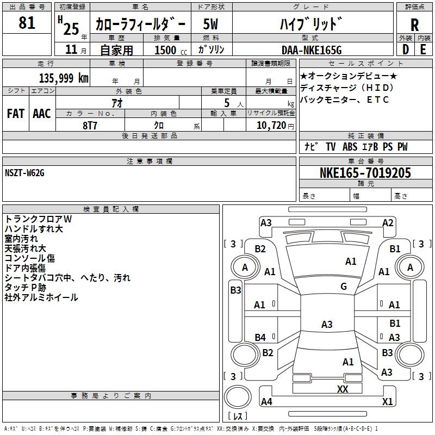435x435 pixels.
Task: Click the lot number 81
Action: coord(27,23)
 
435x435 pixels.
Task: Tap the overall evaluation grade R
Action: coord(414,24)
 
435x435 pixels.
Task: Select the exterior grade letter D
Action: coord(405,49)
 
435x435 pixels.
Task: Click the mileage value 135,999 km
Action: coord(64,78)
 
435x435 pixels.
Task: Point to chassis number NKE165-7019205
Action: coord(365,173)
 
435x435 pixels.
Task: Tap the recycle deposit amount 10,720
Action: coord(270,125)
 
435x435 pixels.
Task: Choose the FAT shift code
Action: coord(16,114)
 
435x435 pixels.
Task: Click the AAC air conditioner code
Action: coord(42,114)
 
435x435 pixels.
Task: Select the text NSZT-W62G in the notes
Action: coord(24,173)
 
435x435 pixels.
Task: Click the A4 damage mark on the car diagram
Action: coord(266,402)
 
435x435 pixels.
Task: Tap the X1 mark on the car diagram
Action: coord(387,402)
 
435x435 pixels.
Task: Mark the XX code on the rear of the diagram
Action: coord(343,389)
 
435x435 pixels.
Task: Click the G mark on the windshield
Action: coord(344,287)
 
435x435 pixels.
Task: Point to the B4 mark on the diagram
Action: coord(260,338)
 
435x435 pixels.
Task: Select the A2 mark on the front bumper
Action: coord(388,222)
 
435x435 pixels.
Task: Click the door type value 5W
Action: coord(212,24)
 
